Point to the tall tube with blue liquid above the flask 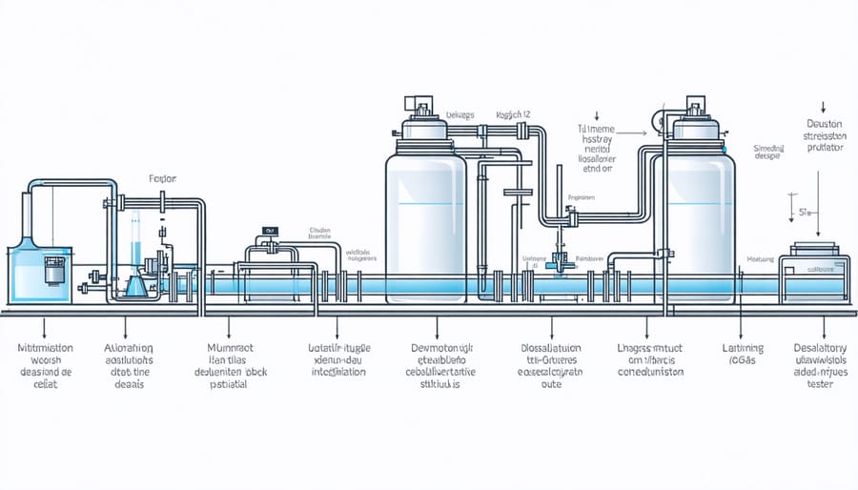point(135,238)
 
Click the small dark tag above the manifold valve point(271,231)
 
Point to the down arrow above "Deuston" point(822,108)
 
